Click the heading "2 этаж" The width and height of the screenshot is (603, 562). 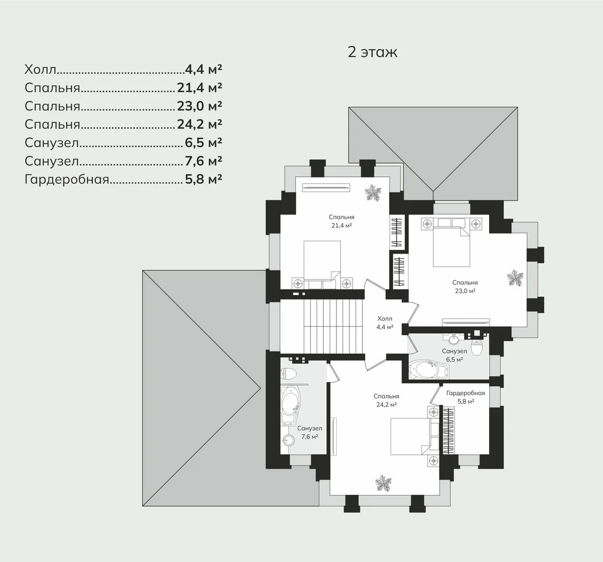[x=372, y=52]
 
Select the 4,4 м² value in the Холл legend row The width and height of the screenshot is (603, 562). [x=203, y=70]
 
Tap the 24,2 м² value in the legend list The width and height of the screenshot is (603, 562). [x=199, y=124]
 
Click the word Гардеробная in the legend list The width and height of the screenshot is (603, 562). [x=67, y=180]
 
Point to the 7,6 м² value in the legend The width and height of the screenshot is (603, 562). [x=203, y=161]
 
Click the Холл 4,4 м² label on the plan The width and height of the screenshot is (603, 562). [x=385, y=323]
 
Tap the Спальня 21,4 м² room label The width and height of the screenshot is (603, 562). [x=341, y=221]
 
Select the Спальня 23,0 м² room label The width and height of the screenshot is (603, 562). [x=465, y=287]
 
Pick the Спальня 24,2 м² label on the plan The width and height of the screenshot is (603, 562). [x=386, y=401]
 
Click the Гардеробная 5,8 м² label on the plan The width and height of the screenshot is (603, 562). [x=466, y=397]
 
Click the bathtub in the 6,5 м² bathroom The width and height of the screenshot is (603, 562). [x=429, y=369]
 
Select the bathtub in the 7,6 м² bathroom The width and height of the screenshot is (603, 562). [x=290, y=405]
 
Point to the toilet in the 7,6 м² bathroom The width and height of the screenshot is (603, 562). [x=287, y=373]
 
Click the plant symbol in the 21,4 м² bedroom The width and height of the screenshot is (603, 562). [x=373, y=193]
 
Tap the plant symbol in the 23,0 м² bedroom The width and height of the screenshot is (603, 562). [x=515, y=278]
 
